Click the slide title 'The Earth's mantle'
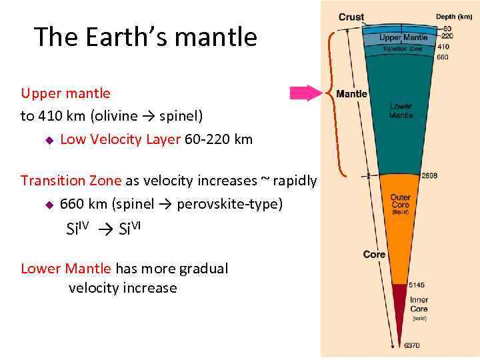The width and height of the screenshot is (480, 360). coord(145,37)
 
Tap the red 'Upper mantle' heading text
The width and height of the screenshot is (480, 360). coord(65,93)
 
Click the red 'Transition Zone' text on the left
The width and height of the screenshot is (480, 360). coord(71,181)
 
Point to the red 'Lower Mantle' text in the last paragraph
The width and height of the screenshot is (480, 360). coord(66,269)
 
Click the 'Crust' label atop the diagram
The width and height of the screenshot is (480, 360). coord(351,17)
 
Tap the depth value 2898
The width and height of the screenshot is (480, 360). coord(429,176)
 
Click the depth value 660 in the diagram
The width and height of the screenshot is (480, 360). coord(443,57)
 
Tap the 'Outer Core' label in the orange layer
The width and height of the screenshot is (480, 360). coord(400,202)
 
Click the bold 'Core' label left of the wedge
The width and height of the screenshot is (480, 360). coord(374,255)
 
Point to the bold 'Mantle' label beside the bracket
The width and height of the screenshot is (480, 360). coord(351,94)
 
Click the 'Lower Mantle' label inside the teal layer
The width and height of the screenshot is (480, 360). coord(401,111)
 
